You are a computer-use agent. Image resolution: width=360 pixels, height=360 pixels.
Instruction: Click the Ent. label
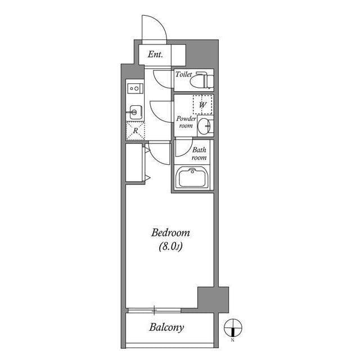(155, 55)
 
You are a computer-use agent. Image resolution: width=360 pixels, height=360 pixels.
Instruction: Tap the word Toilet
(183, 74)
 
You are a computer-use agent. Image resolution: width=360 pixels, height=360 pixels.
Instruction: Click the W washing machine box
(202, 105)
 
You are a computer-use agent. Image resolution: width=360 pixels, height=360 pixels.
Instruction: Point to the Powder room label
(186, 122)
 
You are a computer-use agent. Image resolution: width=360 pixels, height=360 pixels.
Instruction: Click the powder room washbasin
(206, 126)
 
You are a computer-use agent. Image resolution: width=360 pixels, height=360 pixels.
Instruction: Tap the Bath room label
(200, 154)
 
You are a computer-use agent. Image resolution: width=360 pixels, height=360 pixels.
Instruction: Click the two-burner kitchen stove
(134, 88)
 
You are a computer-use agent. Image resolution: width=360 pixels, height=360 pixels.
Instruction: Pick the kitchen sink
(135, 112)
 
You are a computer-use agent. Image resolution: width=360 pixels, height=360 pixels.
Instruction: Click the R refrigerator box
(136, 130)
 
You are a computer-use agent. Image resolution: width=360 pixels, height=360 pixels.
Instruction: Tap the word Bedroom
(170, 232)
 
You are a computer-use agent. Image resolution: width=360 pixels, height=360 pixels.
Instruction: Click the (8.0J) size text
(170, 245)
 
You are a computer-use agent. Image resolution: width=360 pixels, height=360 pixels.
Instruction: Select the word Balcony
(166, 327)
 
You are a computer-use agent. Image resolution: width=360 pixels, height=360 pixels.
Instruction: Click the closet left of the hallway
(135, 163)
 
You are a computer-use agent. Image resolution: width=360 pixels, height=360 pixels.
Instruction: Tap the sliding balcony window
(155, 309)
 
